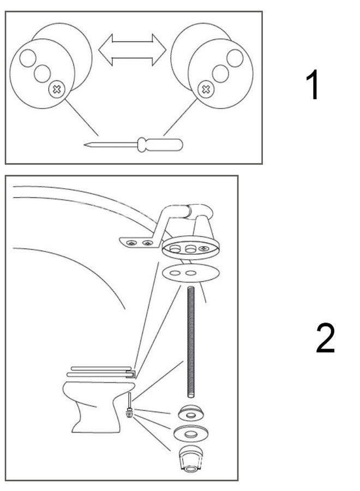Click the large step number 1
pyautogui.click(x=313, y=85)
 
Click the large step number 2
pyautogui.click(x=325, y=338)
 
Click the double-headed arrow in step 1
pyautogui.click(x=132, y=50)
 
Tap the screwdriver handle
pyautogui.click(x=160, y=145)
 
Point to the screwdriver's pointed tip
pyautogui.click(x=85, y=145)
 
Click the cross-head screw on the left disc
pyautogui.click(x=57, y=90)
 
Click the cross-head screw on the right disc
pyautogui.click(x=206, y=90)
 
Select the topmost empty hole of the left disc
pyautogui.click(x=28, y=58)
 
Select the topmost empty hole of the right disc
pyautogui.click(x=235, y=58)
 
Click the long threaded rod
pyautogui.click(x=191, y=342)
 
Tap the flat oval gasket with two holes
pyautogui.click(x=191, y=273)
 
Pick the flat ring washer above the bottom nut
pyautogui.click(x=191, y=433)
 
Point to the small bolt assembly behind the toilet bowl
pyautogui.click(x=129, y=405)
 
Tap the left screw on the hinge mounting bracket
pyautogui.click(x=131, y=243)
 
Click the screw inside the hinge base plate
pyautogui.click(x=204, y=249)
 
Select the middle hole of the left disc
pyautogui.click(x=42, y=74)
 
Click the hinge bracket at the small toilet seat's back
pyautogui.click(x=131, y=374)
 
